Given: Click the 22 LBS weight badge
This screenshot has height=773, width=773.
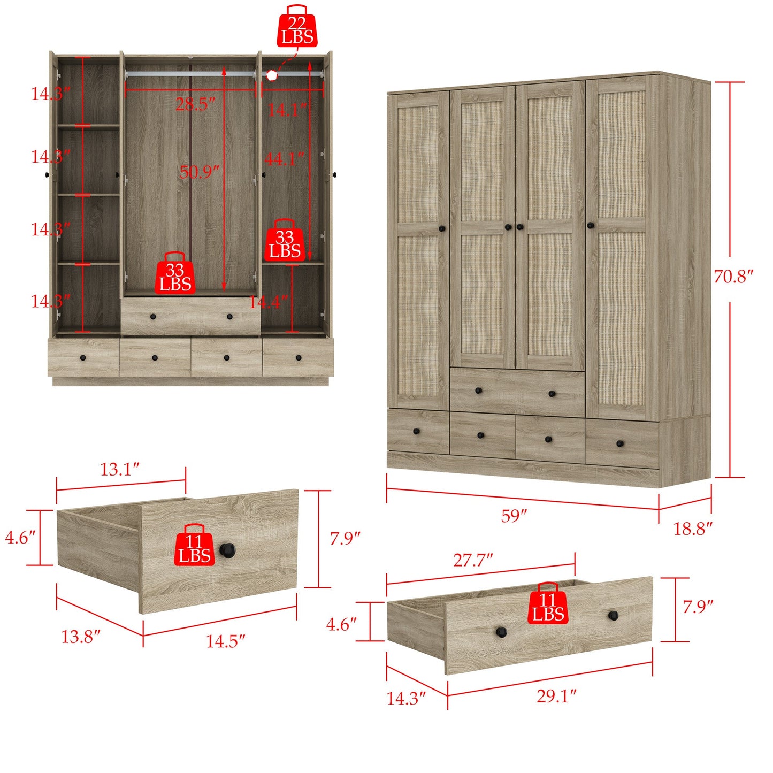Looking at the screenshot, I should click(297, 28).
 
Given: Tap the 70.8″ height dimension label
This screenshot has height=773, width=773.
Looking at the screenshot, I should click(733, 277).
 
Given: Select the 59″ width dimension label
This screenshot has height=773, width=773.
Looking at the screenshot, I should click(514, 516).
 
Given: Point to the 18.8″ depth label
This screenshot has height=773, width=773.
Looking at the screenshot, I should click(692, 529).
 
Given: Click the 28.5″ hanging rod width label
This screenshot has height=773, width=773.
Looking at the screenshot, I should click(195, 104).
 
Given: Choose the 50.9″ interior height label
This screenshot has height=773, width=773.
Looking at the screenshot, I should click(199, 172).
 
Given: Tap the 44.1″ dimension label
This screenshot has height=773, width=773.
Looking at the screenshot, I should click(284, 158).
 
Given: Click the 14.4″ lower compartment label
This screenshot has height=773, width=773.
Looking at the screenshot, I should click(269, 302).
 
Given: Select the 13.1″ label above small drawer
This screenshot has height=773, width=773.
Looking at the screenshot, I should click(120, 469).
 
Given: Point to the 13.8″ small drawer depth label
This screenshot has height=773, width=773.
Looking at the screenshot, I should click(81, 637).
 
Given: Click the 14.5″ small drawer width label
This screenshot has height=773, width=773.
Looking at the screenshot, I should click(225, 641).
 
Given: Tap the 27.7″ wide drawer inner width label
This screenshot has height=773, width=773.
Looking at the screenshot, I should click(473, 560).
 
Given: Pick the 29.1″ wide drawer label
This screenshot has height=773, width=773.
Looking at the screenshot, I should click(556, 696).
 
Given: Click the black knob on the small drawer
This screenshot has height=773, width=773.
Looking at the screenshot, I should click(228, 549).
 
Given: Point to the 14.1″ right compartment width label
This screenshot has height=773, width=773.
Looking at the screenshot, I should click(287, 110).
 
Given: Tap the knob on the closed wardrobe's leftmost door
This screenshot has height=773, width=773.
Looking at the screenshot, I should click(442, 228).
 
